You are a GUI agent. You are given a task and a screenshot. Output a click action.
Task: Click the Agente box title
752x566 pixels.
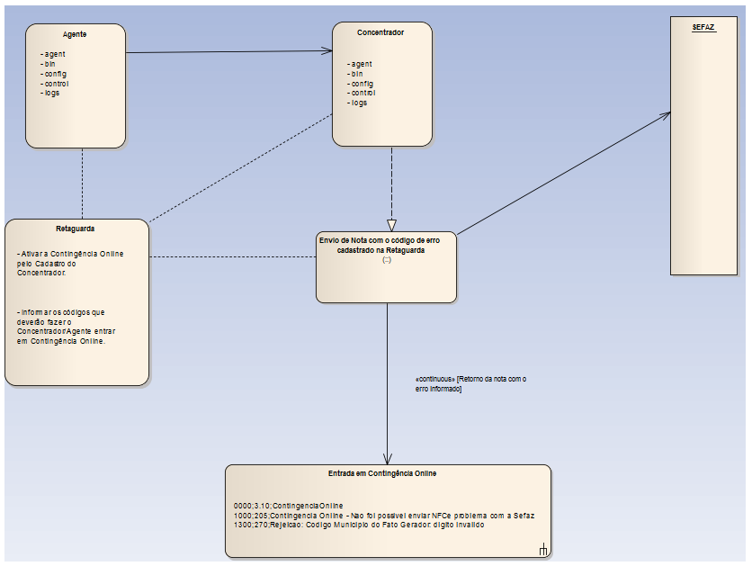pyautogui.click(x=75, y=34)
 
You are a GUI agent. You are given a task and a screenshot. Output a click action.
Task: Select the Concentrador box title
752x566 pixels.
pyautogui.click(x=380, y=32)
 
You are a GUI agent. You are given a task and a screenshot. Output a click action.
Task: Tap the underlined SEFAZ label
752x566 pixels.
pyautogui.click(x=703, y=28)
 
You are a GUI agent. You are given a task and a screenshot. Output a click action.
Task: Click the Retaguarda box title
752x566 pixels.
pyautogui.click(x=76, y=229)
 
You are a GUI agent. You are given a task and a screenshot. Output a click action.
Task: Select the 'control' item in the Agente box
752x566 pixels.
pyautogui.click(x=55, y=84)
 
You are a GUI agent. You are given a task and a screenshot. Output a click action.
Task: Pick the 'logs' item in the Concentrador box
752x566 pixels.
pyautogui.click(x=359, y=103)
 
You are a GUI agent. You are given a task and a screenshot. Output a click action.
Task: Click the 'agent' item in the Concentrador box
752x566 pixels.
pyautogui.click(x=361, y=64)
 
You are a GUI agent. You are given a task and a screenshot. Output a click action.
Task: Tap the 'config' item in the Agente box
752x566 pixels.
pyautogui.click(x=54, y=74)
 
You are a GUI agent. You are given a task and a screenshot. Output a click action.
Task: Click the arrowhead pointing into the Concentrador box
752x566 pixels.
pyautogui.click(x=327, y=51)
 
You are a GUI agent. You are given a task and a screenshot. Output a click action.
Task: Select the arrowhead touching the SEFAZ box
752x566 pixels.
pyautogui.click(x=665, y=115)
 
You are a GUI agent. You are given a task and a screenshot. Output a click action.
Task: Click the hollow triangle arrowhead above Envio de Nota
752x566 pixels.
pyautogui.click(x=391, y=225)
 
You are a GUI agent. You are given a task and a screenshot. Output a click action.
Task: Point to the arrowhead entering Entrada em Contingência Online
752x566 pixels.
pyautogui.click(x=387, y=459)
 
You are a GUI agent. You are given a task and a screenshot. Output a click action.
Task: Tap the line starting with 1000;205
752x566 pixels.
pyautogui.click(x=383, y=516)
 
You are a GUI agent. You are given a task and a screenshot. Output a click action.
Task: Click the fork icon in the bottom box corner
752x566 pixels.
pyautogui.click(x=543, y=550)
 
